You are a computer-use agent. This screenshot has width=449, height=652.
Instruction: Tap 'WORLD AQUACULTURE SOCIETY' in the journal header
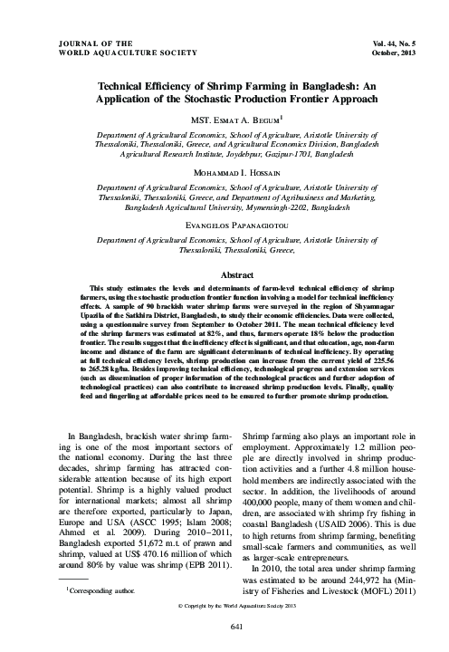pos(127,53)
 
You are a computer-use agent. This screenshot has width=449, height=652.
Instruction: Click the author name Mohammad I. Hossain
pos(224,170)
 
